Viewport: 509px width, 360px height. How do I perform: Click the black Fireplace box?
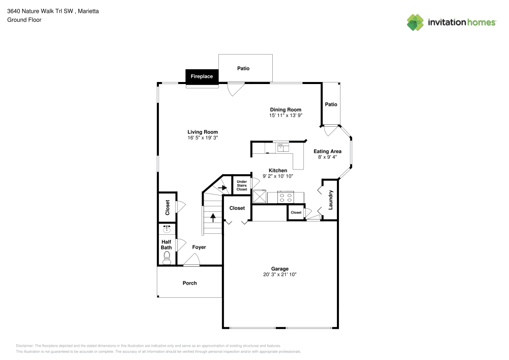[x=202, y=76]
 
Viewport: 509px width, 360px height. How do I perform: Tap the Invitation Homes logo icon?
[x=415, y=22]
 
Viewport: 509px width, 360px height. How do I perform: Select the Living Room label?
[x=203, y=132]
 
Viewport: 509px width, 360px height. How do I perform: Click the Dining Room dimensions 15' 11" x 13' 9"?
[x=286, y=116]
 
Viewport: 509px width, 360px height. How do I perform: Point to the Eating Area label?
[x=327, y=151]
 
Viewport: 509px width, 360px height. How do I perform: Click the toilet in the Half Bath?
[x=166, y=260]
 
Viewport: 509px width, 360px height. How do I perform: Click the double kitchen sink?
[x=282, y=148]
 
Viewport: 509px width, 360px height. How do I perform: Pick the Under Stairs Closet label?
[x=242, y=185]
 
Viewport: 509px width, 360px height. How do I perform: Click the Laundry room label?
[x=330, y=200]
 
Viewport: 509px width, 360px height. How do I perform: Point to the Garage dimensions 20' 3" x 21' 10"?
[x=279, y=274]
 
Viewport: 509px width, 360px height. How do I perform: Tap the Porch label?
[x=189, y=283]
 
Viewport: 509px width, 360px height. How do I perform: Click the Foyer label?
[x=199, y=247]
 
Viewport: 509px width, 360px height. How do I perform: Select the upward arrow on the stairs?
[x=213, y=217]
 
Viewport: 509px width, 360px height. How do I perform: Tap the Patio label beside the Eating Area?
[x=331, y=104]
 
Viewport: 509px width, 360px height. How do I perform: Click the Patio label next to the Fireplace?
[x=243, y=68]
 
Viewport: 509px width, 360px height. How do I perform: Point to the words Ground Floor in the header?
[x=24, y=20]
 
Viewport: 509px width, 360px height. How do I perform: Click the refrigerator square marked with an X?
[x=260, y=197]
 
